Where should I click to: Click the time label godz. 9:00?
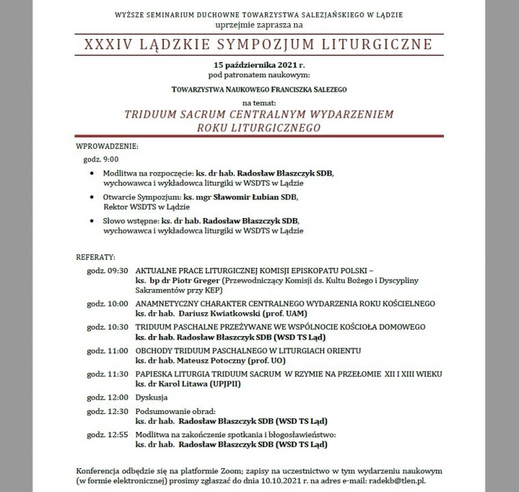point(96,159)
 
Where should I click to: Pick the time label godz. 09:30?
point(108,271)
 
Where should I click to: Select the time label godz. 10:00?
point(108,303)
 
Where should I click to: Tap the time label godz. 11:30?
point(108,374)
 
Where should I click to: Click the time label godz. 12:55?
point(108,434)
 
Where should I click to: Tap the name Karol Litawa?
point(182,384)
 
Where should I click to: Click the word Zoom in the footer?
point(224,470)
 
